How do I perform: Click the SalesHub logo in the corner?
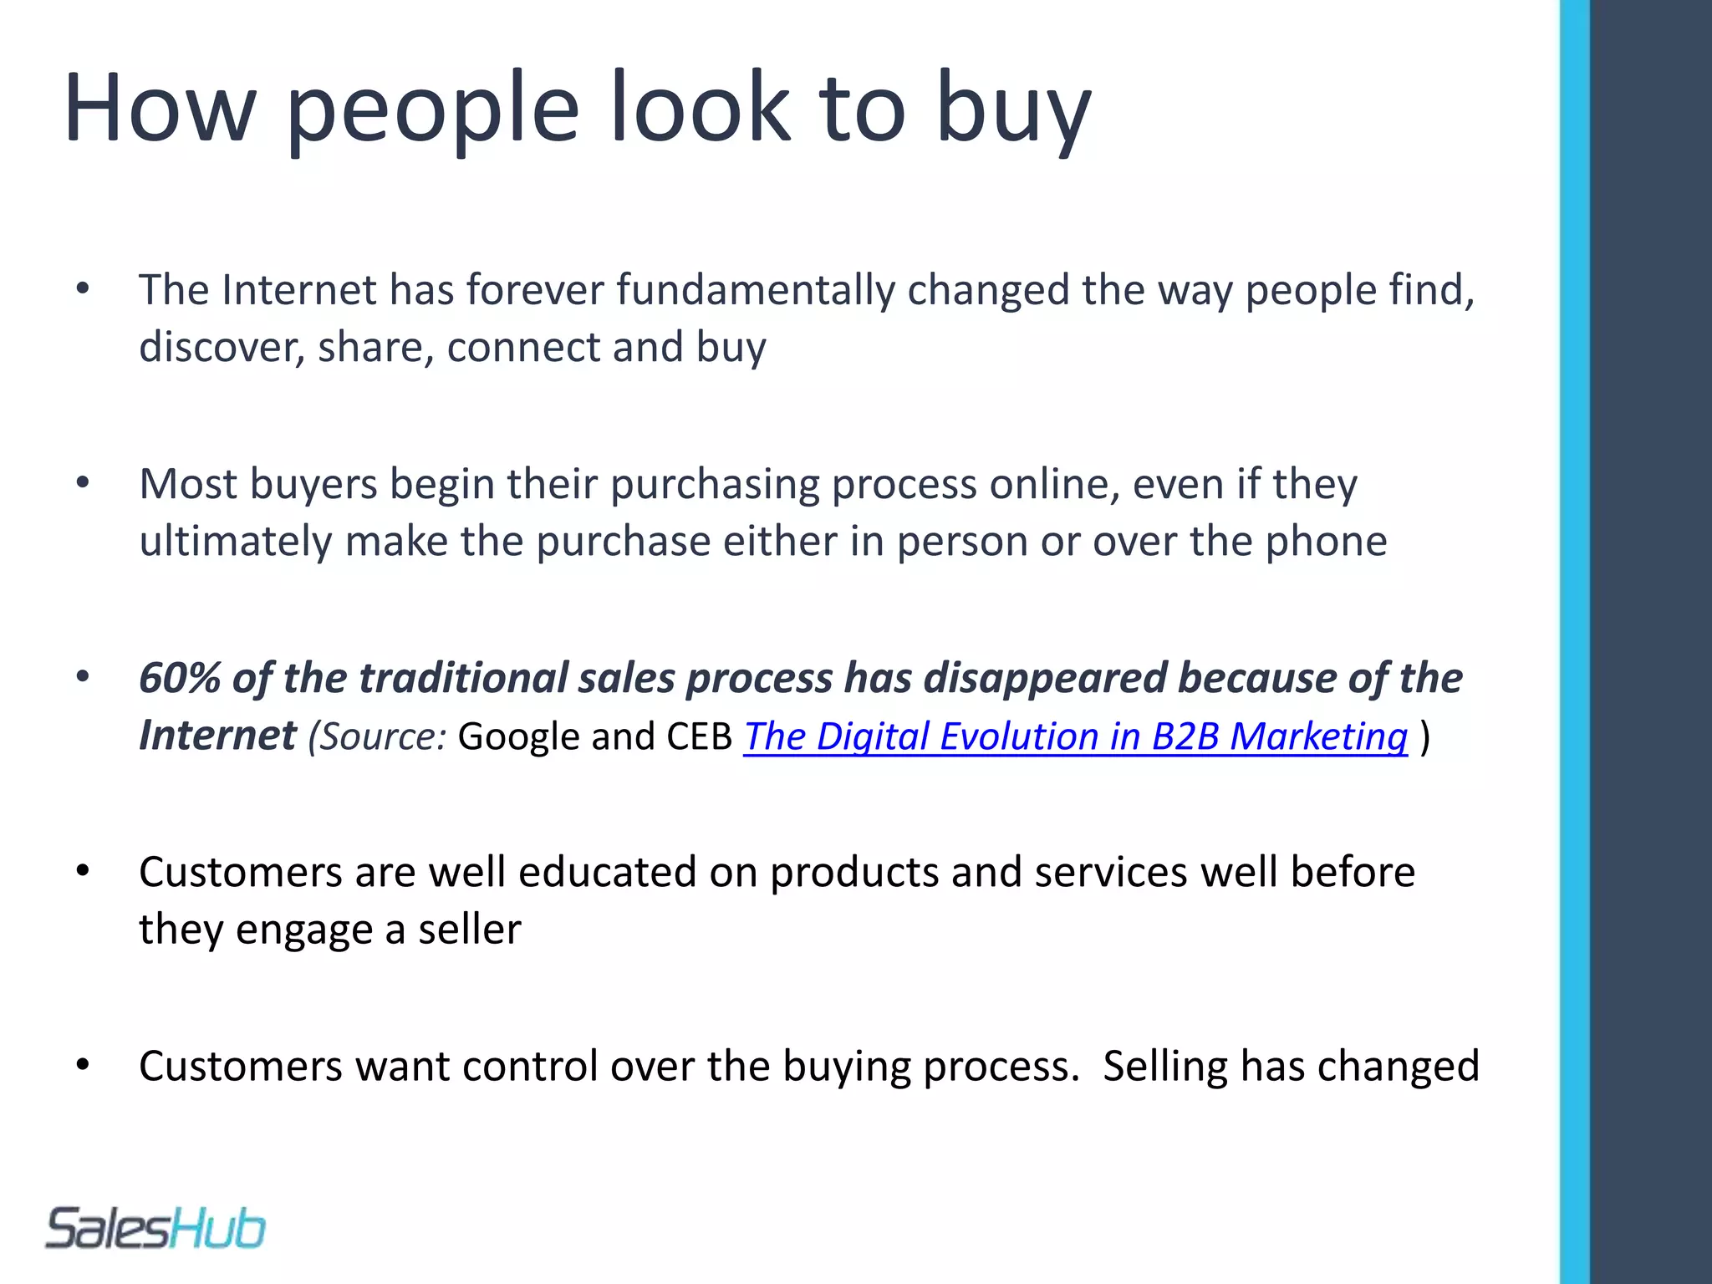(x=155, y=1229)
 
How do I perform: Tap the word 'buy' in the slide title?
(x=1012, y=109)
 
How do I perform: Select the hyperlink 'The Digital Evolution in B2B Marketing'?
(x=1076, y=736)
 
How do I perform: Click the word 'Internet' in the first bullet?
(x=299, y=290)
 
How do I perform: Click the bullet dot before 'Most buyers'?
(x=82, y=483)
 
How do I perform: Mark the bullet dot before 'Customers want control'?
(x=82, y=1065)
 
